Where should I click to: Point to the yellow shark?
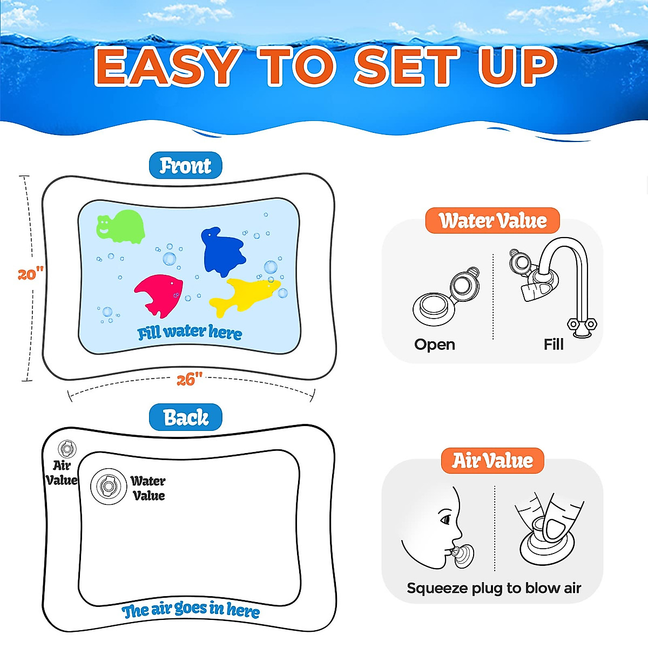[x=243, y=294]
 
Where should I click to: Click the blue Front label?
[x=185, y=166]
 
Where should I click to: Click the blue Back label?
[x=185, y=417]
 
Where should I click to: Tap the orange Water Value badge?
[x=492, y=221]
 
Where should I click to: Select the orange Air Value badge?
[x=492, y=461]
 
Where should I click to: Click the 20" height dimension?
[x=30, y=274]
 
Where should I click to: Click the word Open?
[x=435, y=345]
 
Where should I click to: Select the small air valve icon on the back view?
[x=67, y=449]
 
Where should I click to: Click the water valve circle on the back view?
[x=108, y=487]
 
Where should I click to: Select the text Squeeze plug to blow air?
[x=494, y=588]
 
